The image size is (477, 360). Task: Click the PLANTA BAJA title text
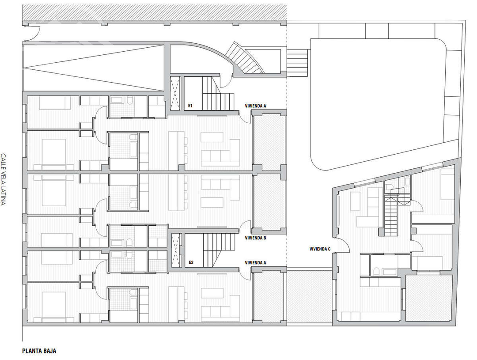point(39,351)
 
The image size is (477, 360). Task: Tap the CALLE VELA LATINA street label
point(4,179)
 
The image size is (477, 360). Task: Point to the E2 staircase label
point(191,263)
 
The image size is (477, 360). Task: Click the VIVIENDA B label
point(255,238)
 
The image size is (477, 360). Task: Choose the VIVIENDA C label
point(320,249)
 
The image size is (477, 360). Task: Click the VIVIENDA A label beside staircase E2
point(255,263)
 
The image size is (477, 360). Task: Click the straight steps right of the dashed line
point(297,61)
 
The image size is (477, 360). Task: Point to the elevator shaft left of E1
point(175,93)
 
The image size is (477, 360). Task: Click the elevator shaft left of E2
point(175,250)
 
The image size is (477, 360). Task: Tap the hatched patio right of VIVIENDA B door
point(268,201)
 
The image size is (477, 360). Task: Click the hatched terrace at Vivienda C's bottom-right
point(428,298)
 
